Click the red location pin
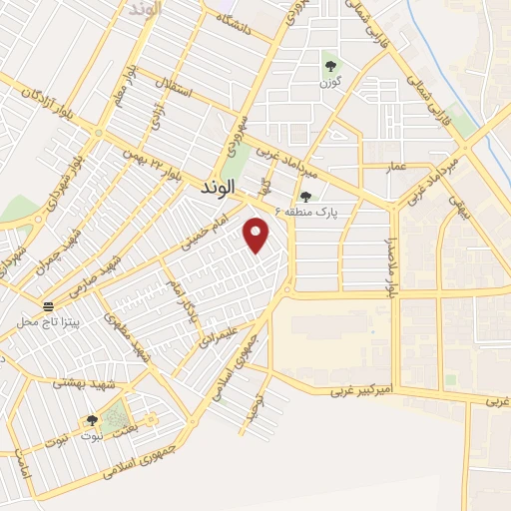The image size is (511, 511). [257, 235]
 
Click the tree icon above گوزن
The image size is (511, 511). [330, 67]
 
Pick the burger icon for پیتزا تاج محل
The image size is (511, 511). [48, 305]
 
